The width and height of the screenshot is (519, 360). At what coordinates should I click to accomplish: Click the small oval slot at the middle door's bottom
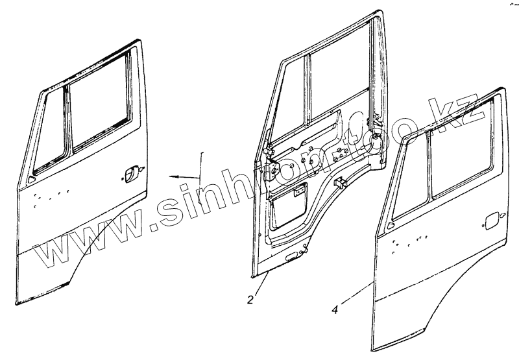click(x=294, y=258)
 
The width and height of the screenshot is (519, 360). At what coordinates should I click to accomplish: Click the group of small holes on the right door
click(x=410, y=241)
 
